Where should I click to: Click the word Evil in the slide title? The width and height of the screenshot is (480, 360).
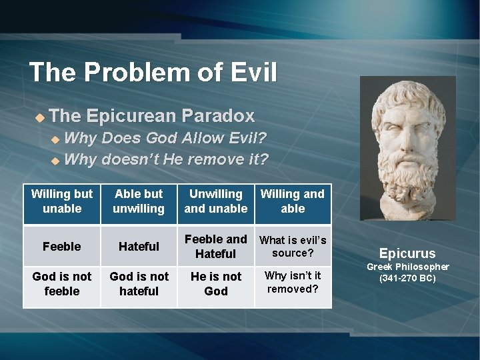249,72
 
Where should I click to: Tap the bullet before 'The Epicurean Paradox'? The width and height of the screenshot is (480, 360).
39,117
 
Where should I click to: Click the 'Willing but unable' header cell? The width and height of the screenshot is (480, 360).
62,201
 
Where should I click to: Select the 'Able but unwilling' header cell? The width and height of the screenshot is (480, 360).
139,201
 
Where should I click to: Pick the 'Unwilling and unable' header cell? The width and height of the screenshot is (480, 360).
215,201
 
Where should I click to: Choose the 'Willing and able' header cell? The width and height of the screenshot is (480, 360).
293,201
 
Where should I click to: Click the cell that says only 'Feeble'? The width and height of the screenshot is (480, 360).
62,246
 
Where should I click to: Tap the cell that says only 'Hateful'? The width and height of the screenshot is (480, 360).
139,246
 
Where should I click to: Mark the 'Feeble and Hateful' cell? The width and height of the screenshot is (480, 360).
215,246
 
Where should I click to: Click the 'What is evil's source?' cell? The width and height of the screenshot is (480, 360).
293,246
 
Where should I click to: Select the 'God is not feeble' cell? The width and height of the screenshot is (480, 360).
62,284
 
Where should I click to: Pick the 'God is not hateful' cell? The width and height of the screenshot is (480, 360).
139,284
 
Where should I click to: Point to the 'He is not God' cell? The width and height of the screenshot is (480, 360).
215,284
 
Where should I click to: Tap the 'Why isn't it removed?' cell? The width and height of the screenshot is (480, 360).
293,282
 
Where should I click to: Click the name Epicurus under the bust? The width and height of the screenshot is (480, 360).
407,253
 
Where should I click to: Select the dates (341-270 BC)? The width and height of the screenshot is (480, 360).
407,278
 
